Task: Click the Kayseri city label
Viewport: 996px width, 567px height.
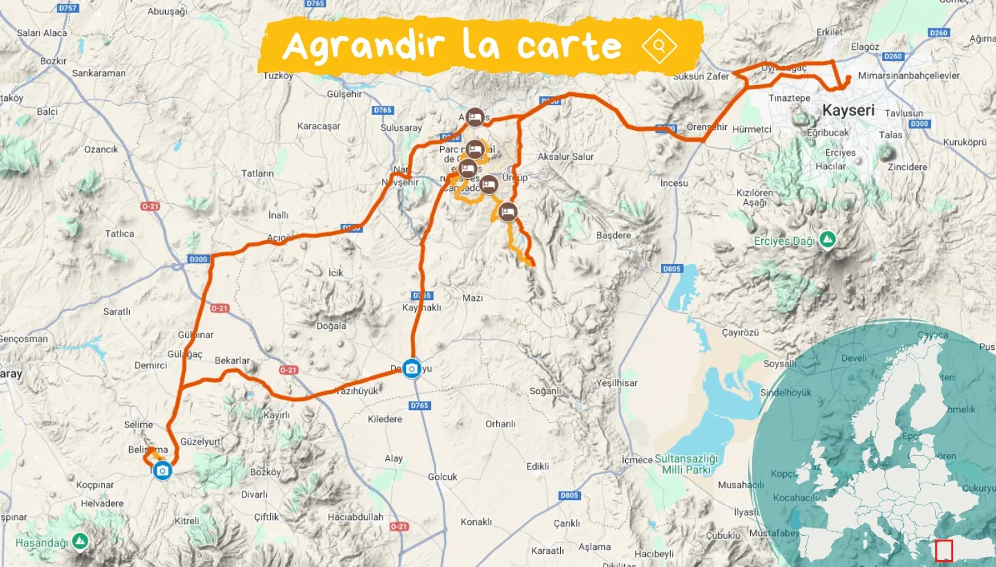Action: click(848, 110)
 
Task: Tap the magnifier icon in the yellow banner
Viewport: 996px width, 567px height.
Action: click(660, 46)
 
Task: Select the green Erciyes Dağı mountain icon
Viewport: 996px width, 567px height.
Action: click(827, 240)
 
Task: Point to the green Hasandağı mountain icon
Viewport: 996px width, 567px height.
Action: click(81, 539)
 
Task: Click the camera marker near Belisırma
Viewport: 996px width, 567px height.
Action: click(163, 471)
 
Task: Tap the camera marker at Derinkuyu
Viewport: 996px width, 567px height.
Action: click(412, 369)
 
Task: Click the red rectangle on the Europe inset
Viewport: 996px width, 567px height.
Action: click(944, 550)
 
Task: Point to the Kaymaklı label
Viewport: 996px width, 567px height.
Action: click(421, 308)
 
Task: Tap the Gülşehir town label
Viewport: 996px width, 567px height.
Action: click(343, 94)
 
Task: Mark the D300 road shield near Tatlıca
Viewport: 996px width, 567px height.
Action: click(198, 259)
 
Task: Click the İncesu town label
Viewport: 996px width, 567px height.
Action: click(674, 183)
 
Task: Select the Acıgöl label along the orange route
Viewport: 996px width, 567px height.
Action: click(280, 238)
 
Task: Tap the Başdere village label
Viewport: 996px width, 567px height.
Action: click(613, 235)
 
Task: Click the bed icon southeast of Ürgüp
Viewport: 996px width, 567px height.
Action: click(508, 212)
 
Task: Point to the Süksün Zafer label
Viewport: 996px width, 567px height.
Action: click(701, 77)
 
